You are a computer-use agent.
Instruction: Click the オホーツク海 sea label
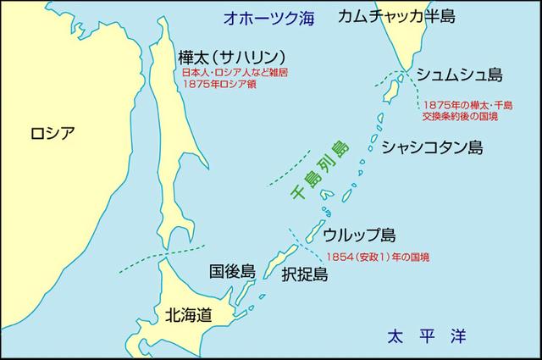click(263, 17)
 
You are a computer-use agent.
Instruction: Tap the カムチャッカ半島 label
click(396, 16)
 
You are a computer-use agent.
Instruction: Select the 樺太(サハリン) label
click(224, 58)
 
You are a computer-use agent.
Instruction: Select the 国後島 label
click(232, 272)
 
